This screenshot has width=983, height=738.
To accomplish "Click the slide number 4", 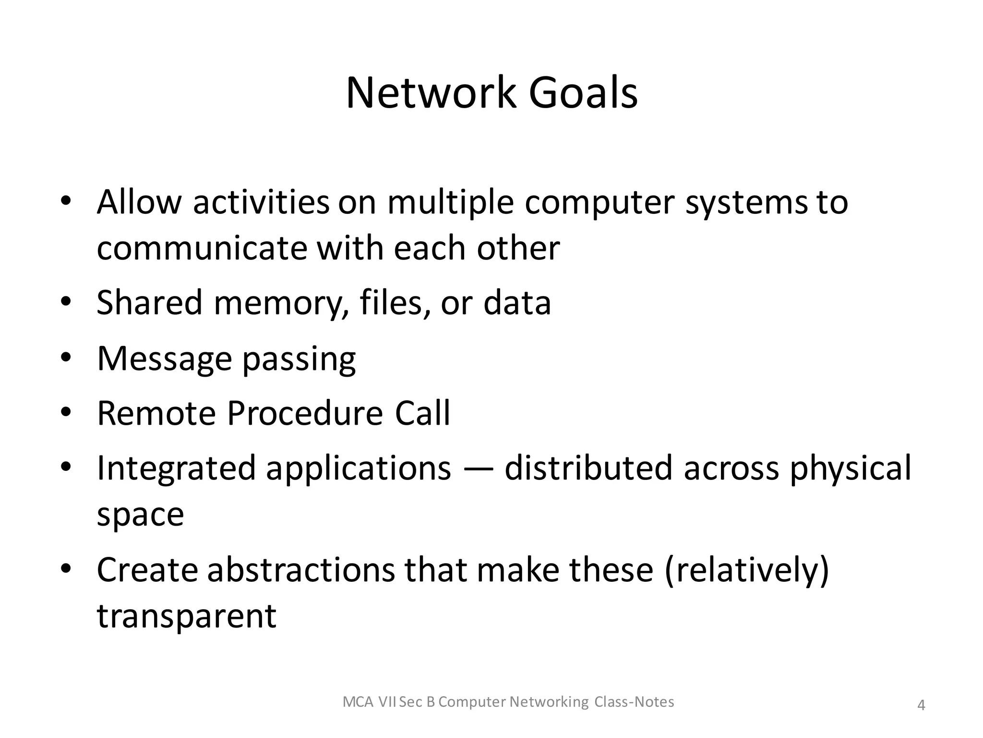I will tap(921, 705).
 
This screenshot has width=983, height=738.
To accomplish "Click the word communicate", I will tap(202, 248).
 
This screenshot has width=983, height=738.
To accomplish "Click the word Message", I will tap(164, 359).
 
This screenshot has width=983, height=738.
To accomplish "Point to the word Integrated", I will tap(176, 469).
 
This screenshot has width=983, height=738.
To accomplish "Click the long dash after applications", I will tap(478, 469).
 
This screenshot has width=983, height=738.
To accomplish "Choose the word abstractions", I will tap(301, 570).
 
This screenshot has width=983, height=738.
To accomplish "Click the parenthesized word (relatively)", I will tap(747, 571).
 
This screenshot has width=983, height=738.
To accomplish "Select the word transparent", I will tap(187, 616).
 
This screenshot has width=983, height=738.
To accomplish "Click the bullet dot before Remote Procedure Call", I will tap(66, 413).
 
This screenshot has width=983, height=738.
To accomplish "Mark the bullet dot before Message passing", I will tap(66, 357).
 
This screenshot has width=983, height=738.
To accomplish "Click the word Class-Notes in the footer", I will tap(634, 702).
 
